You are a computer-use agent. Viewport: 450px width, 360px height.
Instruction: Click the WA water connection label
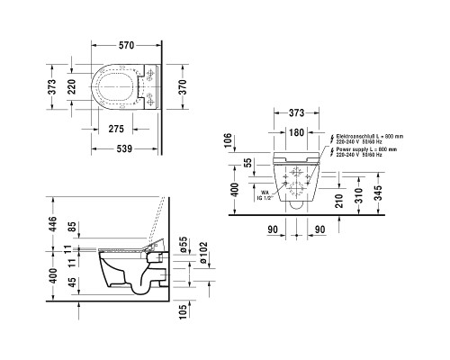point(265,191)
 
